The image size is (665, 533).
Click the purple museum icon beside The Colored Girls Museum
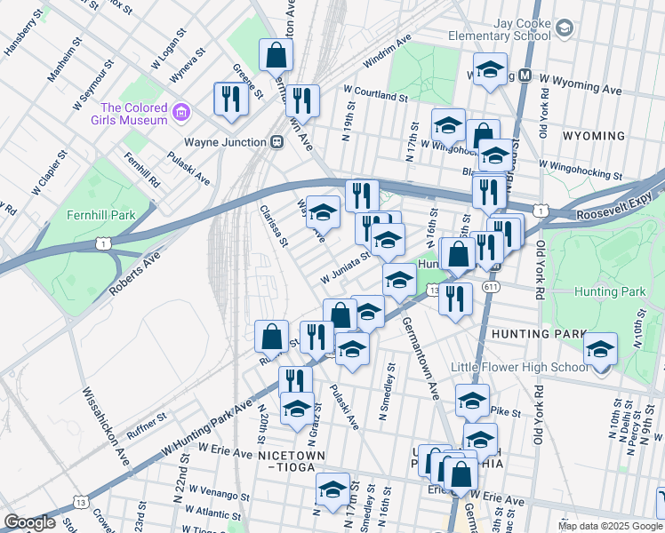pos(181,112)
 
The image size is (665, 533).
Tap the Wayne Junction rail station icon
pos(277,141)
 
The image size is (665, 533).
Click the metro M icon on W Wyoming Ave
pos(525,76)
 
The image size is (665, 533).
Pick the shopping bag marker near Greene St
pos(276,56)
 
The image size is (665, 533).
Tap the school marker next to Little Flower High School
pos(601,349)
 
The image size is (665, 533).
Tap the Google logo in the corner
pos(30,522)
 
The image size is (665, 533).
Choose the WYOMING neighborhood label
pos(593,136)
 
